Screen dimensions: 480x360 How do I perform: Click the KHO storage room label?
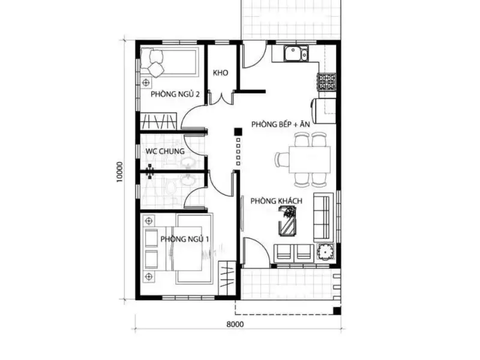(x=220, y=73)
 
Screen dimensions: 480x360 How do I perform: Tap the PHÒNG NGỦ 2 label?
(x=175, y=94)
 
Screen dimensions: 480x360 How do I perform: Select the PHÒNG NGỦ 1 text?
(x=185, y=239)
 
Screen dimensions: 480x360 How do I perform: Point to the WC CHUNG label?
(x=165, y=151)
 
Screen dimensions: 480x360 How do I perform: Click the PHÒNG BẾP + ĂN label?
(x=280, y=124)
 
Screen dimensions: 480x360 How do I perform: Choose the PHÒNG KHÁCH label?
(x=276, y=201)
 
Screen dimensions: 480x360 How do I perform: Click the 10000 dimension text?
(x=119, y=172)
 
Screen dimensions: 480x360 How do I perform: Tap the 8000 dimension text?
(x=235, y=324)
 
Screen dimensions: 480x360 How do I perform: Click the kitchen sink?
(x=296, y=54)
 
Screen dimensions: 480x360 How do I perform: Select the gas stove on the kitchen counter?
(x=327, y=82)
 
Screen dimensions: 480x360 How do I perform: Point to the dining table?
(x=310, y=160)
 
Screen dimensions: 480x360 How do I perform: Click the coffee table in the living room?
(x=288, y=221)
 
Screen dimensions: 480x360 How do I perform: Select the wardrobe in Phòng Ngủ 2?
(x=158, y=121)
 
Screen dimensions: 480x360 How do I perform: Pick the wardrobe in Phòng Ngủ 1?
(x=227, y=278)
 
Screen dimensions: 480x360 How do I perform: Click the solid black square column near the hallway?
(x=238, y=132)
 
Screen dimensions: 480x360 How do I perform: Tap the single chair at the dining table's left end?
(x=281, y=160)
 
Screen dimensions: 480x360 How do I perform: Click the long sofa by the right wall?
(x=323, y=217)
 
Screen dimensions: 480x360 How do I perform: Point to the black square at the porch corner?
(x=337, y=310)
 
